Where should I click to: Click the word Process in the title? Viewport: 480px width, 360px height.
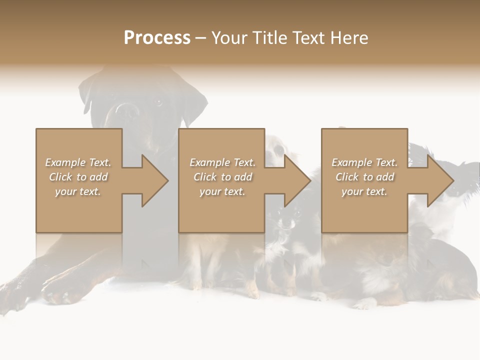click(157, 38)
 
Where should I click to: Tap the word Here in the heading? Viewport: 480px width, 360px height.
click(348, 38)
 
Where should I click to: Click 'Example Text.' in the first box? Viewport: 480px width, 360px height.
click(78, 162)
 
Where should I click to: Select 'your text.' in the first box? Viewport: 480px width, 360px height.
click(78, 191)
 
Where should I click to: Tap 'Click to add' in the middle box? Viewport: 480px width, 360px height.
click(222, 177)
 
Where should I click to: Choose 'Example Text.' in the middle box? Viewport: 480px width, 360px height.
click(222, 162)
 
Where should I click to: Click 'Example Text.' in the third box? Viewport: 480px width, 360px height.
click(364, 162)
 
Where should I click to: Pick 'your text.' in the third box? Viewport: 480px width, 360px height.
click(364, 191)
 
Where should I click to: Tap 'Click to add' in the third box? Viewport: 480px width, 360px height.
click(364, 177)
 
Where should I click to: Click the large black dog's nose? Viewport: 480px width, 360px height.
click(124, 110)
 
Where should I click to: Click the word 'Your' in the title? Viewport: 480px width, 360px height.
click(228, 38)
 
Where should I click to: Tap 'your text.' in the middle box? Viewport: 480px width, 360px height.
click(222, 191)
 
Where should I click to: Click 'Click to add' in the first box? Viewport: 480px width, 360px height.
click(78, 177)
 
